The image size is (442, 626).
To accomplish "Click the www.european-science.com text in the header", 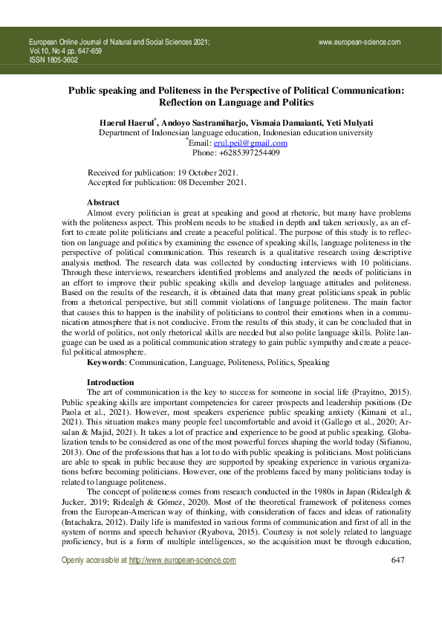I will (360, 42).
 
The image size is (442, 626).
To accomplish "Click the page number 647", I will (397, 581).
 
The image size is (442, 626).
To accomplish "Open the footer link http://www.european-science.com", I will (183, 581).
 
